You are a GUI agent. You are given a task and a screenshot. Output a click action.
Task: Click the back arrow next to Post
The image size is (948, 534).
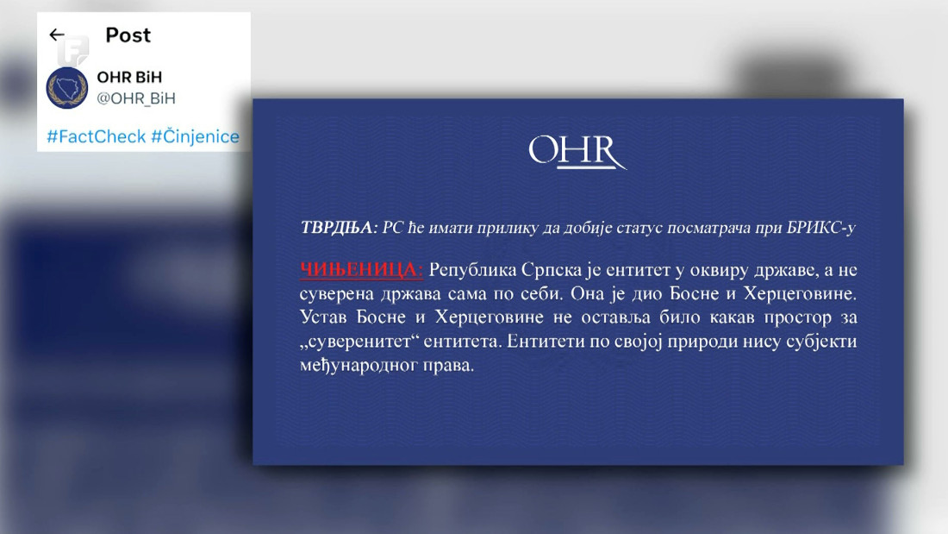tap(57, 35)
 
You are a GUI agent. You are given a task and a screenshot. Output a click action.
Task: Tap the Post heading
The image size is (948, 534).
tap(128, 35)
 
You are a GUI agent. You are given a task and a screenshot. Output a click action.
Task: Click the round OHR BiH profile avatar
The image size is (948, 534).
tap(66, 87)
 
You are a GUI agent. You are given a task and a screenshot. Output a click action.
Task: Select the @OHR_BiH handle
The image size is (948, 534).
tap(136, 98)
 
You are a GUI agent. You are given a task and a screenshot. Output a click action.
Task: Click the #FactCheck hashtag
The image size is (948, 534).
tap(96, 137)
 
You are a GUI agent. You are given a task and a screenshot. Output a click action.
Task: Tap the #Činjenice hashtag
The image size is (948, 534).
tap(195, 137)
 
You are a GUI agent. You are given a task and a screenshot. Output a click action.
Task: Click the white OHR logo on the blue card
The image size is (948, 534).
tap(577, 152)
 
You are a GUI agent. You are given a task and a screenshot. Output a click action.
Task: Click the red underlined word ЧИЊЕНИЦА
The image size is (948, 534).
tap(361, 270)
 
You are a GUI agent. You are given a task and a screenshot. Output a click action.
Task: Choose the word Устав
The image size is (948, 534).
tap(322, 318)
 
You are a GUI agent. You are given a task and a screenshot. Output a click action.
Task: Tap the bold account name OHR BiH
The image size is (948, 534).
tap(129, 78)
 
